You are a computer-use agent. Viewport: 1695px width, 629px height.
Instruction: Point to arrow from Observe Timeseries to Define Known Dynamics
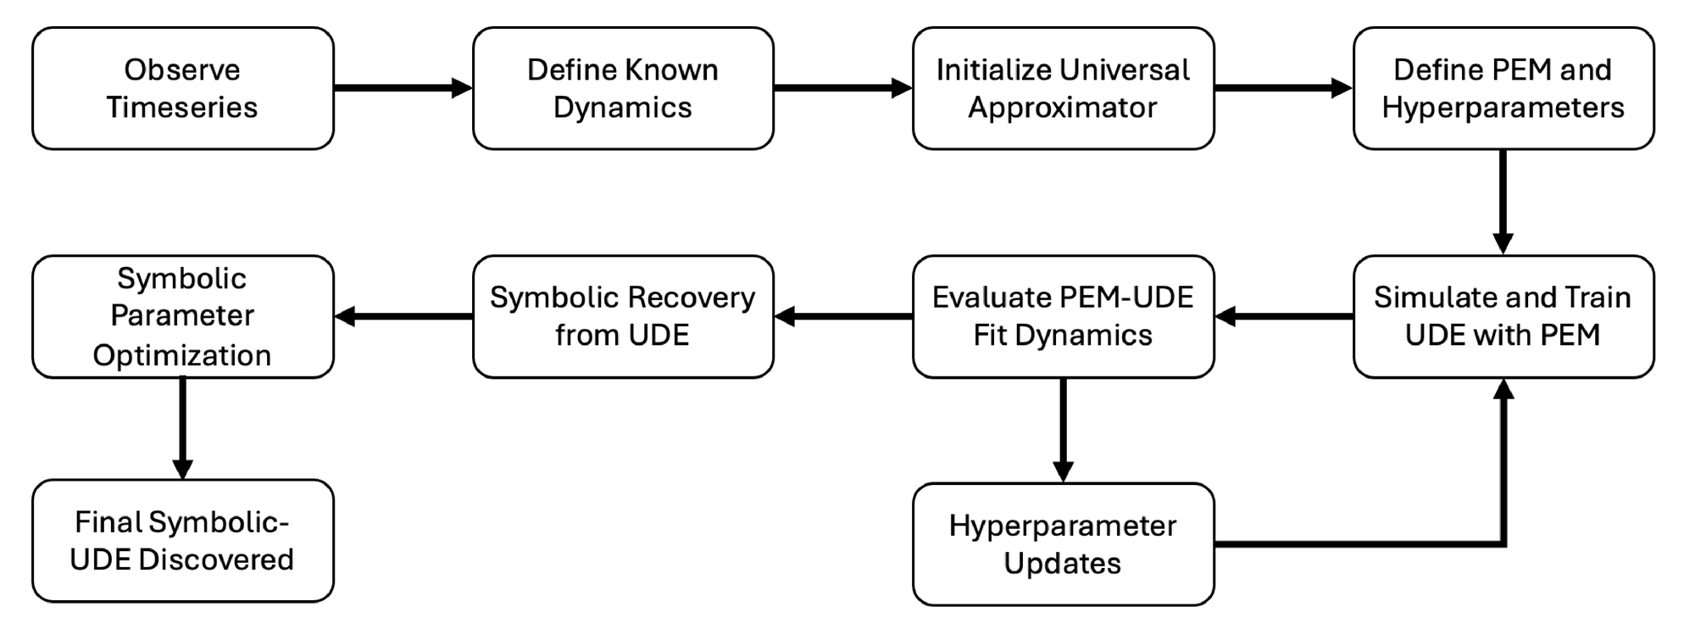(x=403, y=87)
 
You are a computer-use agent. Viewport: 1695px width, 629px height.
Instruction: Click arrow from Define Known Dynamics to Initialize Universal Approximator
(x=842, y=87)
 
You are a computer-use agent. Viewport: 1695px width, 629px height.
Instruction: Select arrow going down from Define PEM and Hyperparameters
(x=1503, y=202)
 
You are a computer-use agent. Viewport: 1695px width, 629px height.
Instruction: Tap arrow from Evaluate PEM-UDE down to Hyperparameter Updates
(x=1063, y=430)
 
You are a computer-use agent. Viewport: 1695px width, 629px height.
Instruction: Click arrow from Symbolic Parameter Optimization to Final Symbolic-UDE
(x=182, y=428)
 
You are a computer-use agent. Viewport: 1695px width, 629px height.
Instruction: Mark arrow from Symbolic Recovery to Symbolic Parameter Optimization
(x=403, y=316)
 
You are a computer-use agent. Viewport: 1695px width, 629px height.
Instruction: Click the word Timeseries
(x=182, y=108)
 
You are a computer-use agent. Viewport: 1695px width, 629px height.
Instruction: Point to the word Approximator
(x=1063, y=108)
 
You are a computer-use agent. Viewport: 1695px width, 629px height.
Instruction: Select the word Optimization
(x=182, y=355)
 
